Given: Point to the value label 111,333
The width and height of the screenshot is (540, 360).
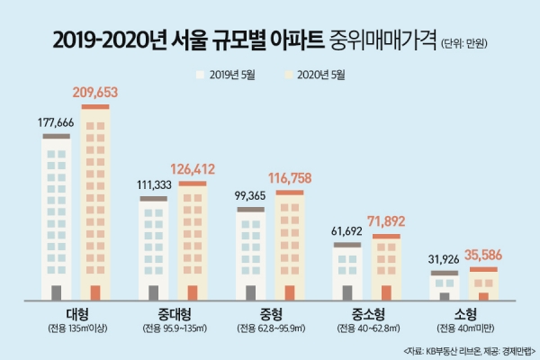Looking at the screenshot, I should point(153,184).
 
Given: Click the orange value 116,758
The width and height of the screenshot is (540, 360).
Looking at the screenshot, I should point(290,176).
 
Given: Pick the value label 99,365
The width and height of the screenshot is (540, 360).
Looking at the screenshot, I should point(249,195).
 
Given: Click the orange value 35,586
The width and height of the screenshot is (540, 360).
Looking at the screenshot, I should point(483,254).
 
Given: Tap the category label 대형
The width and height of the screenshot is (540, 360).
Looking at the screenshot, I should point(75,312).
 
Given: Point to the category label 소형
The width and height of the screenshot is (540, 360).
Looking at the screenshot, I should point(463,312).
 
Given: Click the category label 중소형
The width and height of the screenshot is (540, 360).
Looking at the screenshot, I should point(366,312).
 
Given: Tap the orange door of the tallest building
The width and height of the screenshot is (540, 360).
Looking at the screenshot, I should point(95,292).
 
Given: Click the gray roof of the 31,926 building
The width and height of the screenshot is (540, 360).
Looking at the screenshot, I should point(444,273).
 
